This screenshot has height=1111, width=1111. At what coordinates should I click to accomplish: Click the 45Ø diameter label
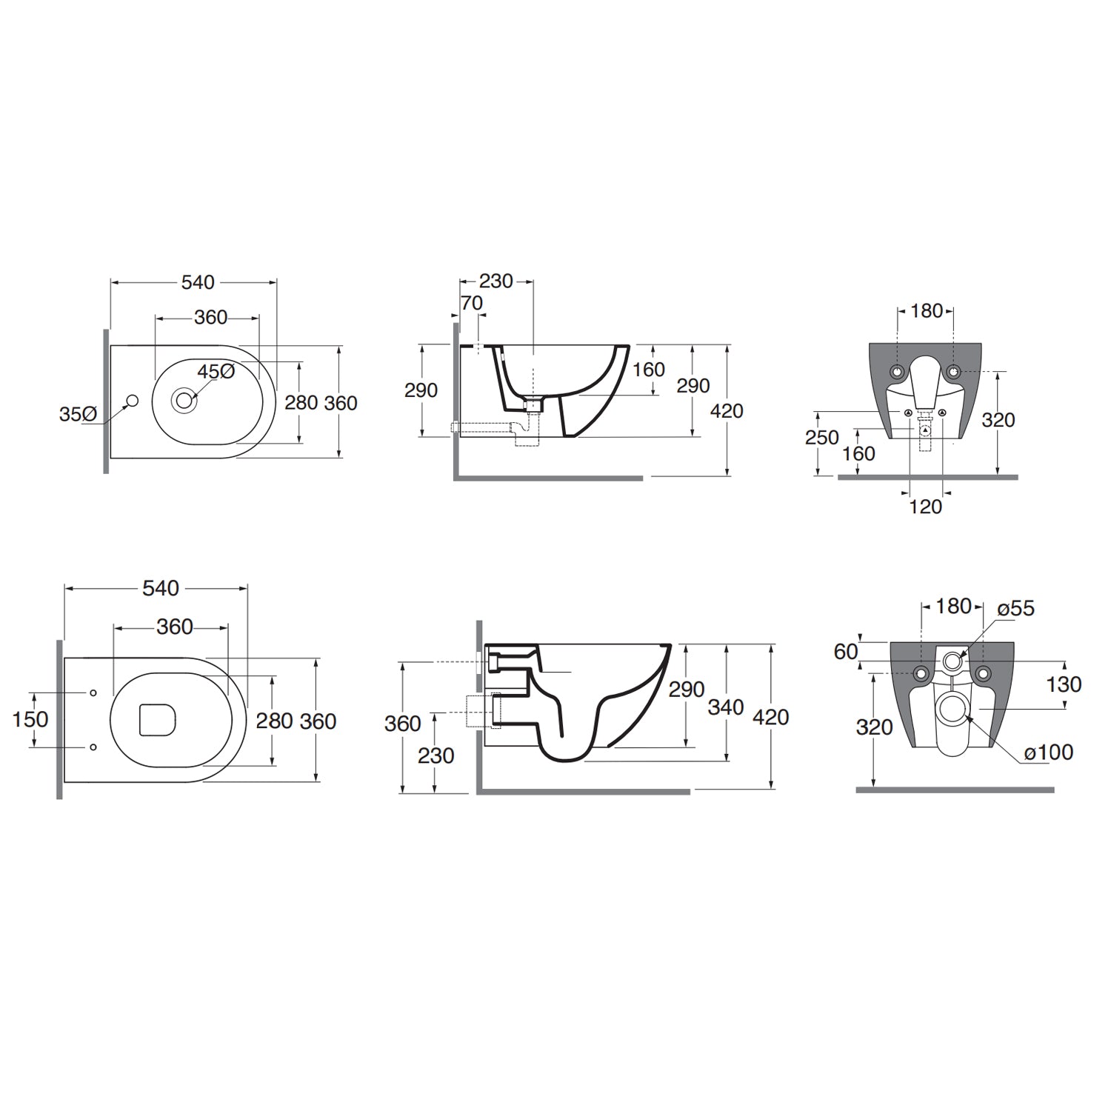coord(216,371)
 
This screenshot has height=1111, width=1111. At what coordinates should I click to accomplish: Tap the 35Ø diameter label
coord(78,414)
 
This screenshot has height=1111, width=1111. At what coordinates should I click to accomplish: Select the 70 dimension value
coord(471,303)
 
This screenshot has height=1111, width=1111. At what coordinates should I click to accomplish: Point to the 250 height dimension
coord(822,437)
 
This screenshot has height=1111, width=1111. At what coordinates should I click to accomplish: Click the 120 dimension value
coord(926,507)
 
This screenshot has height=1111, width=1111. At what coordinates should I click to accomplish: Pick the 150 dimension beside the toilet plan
coord(30,719)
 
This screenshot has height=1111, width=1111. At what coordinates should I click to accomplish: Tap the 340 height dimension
coord(726,707)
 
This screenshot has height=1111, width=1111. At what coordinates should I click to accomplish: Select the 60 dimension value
coord(846,651)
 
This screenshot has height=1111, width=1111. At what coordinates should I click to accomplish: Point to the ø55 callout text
coord(1016,609)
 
